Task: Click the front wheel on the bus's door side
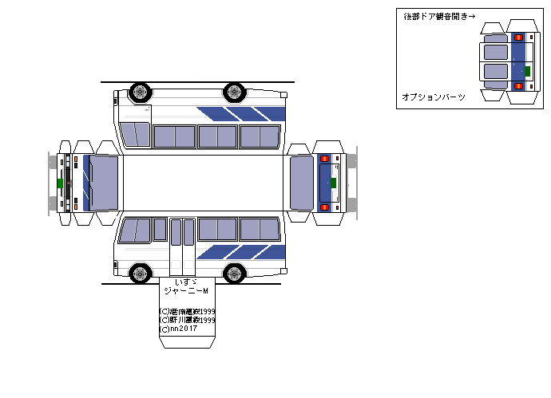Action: pos(141,274)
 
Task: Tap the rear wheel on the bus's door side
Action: pos(234,274)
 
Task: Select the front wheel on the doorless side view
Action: pos(141,92)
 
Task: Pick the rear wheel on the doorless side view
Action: pos(234,92)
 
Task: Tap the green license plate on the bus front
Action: pos(60,183)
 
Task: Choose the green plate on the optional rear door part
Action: pos(527,70)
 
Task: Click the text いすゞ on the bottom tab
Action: pos(184,282)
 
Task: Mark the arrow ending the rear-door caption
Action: pos(471,15)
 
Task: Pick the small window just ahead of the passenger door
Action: pos(160,230)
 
